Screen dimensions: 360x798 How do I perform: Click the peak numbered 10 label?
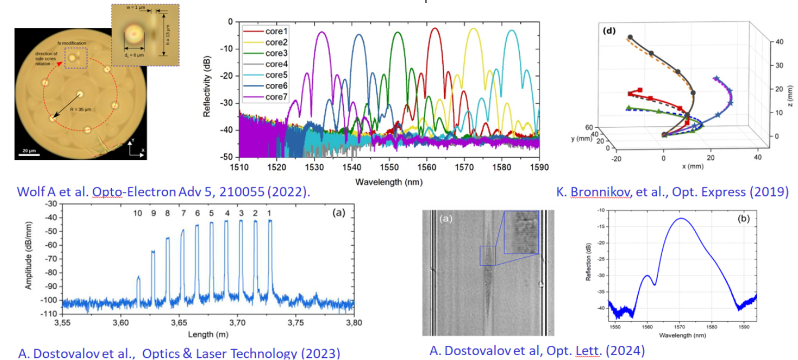pyautogui.click(x=138, y=214)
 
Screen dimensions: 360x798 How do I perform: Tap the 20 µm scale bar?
pyautogui.click(x=29, y=150)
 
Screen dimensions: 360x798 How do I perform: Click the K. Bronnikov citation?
pyautogui.click(x=672, y=192)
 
